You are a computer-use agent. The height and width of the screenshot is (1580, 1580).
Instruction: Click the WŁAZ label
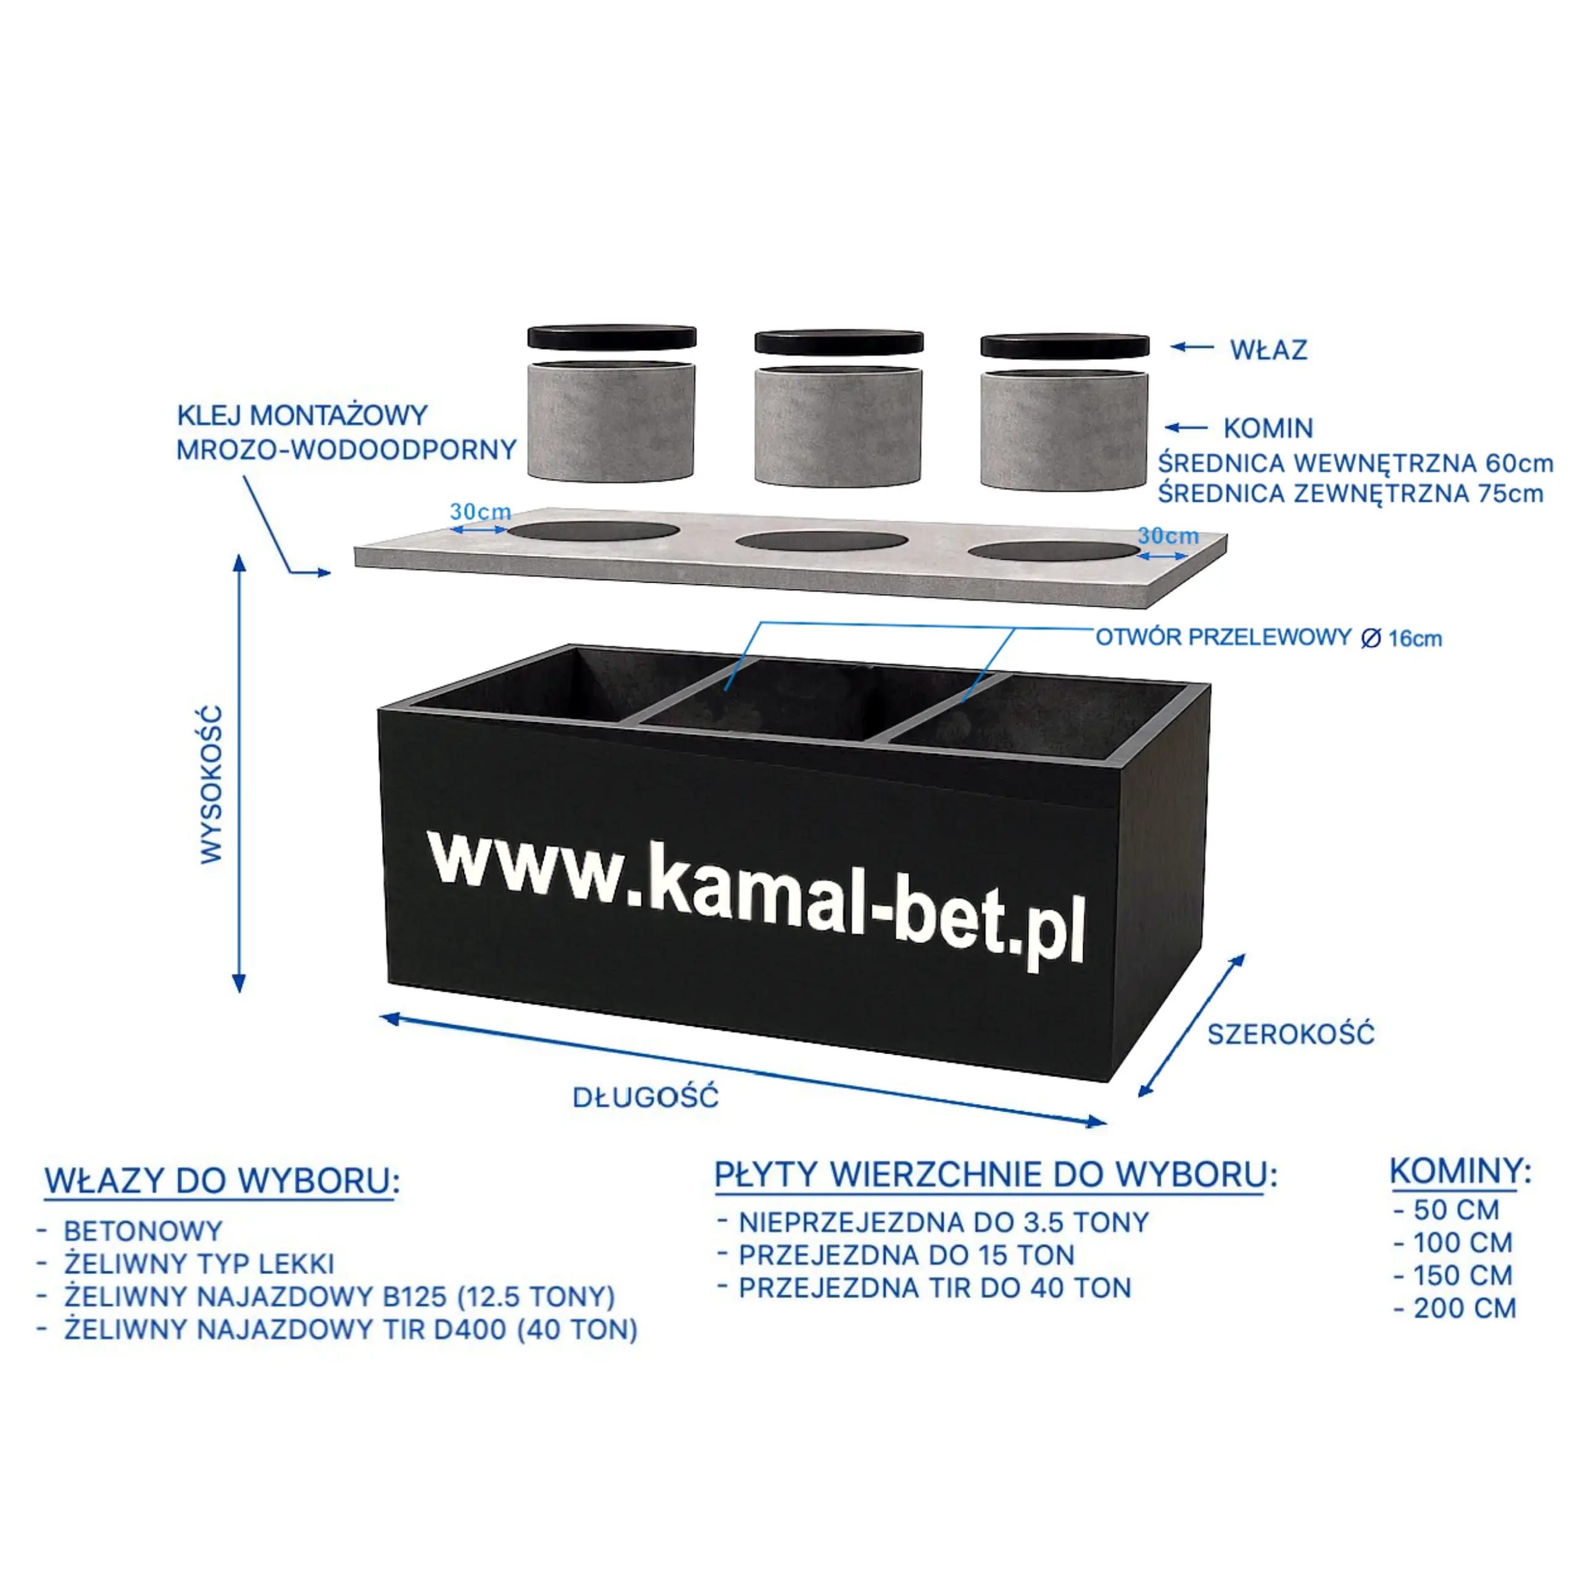[x=1268, y=350]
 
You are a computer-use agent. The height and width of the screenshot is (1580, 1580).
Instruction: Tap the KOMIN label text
[x=1268, y=428]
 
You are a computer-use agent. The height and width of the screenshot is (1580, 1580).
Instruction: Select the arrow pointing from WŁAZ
[x=1192, y=347]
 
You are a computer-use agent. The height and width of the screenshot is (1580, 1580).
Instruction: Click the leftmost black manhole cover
[x=612, y=337]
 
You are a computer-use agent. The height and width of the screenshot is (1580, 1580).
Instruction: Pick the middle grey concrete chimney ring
[x=838, y=425]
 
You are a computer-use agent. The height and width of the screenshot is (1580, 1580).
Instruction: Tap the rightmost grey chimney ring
[x=1064, y=430]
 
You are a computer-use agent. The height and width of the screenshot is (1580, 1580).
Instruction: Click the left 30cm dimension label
[x=480, y=512]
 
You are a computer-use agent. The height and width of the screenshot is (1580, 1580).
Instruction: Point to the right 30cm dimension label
[x=1168, y=536]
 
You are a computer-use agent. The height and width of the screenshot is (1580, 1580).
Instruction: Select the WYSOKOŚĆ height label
[x=211, y=784]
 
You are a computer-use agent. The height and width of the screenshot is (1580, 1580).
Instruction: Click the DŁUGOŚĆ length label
[x=645, y=1097]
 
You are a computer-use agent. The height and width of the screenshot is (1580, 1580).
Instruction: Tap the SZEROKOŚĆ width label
[x=1291, y=1034]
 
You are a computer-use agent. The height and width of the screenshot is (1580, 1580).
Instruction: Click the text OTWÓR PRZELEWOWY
[x=1223, y=637]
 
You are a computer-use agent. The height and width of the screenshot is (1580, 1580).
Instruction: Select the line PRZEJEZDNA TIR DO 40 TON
[x=935, y=1288]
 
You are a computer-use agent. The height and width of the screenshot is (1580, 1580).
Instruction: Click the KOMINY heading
[x=1456, y=1171]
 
